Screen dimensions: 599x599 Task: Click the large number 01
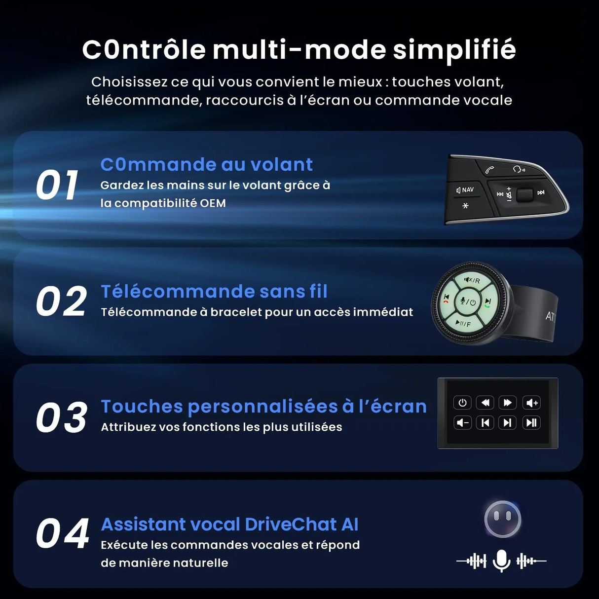click(57, 186)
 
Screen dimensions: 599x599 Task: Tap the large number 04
click(62, 534)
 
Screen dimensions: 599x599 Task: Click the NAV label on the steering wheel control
click(465, 190)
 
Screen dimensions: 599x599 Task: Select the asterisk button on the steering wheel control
click(465, 206)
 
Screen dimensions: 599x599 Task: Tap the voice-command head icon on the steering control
click(518, 169)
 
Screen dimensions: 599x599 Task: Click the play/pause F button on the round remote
click(463, 324)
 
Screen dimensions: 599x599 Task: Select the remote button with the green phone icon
click(487, 302)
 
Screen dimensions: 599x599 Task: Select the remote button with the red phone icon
click(446, 299)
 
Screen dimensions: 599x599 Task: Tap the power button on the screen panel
click(462, 403)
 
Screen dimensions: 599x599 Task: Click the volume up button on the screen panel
click(531, 403)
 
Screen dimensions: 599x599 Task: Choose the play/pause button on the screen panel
click(531, 422)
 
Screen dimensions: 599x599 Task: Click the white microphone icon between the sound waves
click(501, 561)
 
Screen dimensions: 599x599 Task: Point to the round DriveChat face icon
click(502, 519)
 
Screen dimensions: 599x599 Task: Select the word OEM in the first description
click(213, 203)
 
